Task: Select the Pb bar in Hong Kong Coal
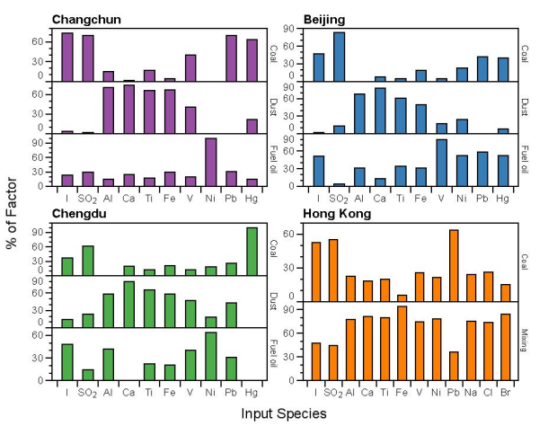454,265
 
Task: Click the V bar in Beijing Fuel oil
441,163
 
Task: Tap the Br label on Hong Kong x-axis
505,393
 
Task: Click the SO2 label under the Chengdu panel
89,393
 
